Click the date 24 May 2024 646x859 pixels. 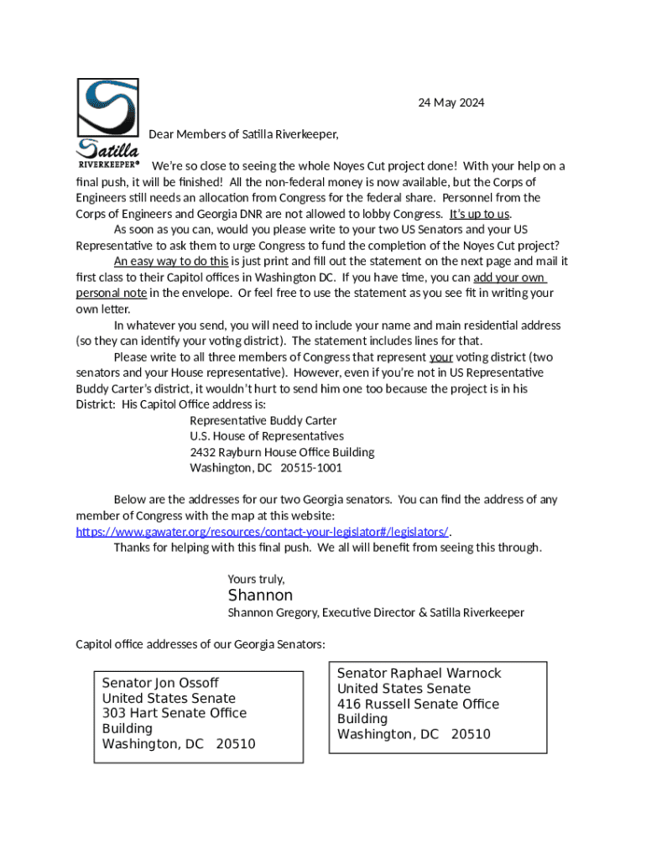tap(451, 103)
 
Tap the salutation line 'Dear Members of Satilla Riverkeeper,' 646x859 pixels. tap(243, 134)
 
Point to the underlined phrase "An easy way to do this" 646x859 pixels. tap(171, 262)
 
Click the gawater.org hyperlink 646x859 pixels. tap(262, 532)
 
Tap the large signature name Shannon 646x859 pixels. tap(260, 596)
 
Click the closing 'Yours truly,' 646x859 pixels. tap(256, 580)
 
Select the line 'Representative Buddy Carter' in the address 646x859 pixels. tap(263, 420)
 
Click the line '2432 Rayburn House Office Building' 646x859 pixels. tap(282, 452)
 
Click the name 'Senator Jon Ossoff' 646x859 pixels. tap(160, 683)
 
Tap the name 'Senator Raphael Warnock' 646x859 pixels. tap(419, 674)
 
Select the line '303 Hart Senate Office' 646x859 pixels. tap(175, 713)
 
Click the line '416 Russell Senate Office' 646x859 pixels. tap(418, 704)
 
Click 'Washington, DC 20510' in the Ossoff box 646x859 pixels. tap(179, 744)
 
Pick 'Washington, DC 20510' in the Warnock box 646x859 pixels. tap(414, 735)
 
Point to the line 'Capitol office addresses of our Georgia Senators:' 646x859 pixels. tap(201, 644)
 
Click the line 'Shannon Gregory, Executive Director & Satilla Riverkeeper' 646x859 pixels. tap(376, 613)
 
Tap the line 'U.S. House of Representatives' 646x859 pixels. tap(266, 436)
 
